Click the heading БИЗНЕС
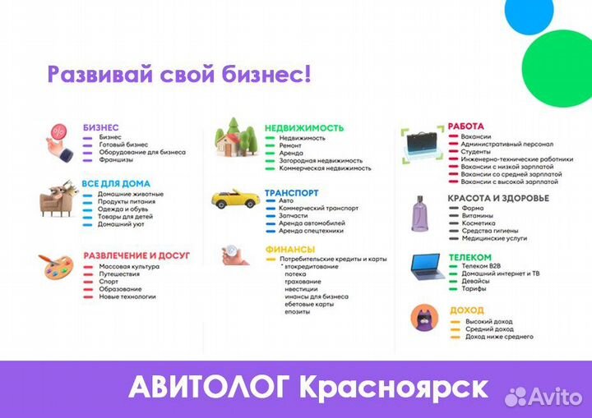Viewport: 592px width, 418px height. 101,128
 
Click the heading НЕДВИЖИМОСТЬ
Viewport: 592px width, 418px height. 303,128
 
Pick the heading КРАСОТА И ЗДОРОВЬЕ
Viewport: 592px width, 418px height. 497,198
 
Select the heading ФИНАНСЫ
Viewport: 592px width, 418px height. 290,249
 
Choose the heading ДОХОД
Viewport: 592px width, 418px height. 467,310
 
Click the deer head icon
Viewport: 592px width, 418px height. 58,197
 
